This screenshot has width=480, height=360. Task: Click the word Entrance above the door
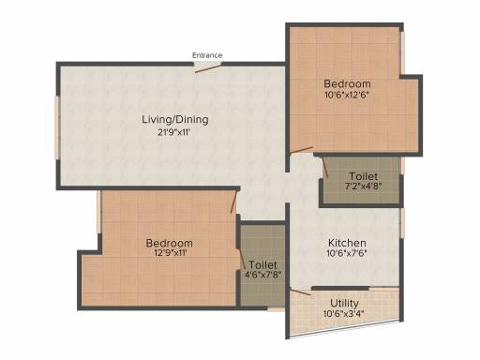click(207, 55)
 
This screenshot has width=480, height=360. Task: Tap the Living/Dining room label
click(175, 120)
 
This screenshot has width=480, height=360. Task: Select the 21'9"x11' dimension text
click(174, 132)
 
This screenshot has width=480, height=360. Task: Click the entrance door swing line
click(208, 68)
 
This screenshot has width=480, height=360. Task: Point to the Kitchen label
click(347, 243)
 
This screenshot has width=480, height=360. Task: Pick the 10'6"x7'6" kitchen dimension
click(347, 253)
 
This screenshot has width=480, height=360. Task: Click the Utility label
click(344, 303)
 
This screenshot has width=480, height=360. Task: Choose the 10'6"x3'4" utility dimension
click(344, 313)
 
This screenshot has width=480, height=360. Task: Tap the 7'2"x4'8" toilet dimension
click(364, 187)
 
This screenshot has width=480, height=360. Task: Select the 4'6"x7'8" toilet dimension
click(262, 275)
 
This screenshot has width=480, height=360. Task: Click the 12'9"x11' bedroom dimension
click(171, 253)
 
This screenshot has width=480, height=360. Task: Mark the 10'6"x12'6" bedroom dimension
click(345, 95)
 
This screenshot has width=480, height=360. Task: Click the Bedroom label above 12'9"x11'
click(170, 243)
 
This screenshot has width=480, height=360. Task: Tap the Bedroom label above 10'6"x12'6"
click(347, 83)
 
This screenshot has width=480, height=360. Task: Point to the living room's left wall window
click(57, 127)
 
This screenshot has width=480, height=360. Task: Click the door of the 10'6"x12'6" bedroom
click(301, 150)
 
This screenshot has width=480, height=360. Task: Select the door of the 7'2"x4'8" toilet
click(325, 167)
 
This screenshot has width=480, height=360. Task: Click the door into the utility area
click(300, 292)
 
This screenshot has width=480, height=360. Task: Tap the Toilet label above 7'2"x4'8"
click(364, 176)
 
